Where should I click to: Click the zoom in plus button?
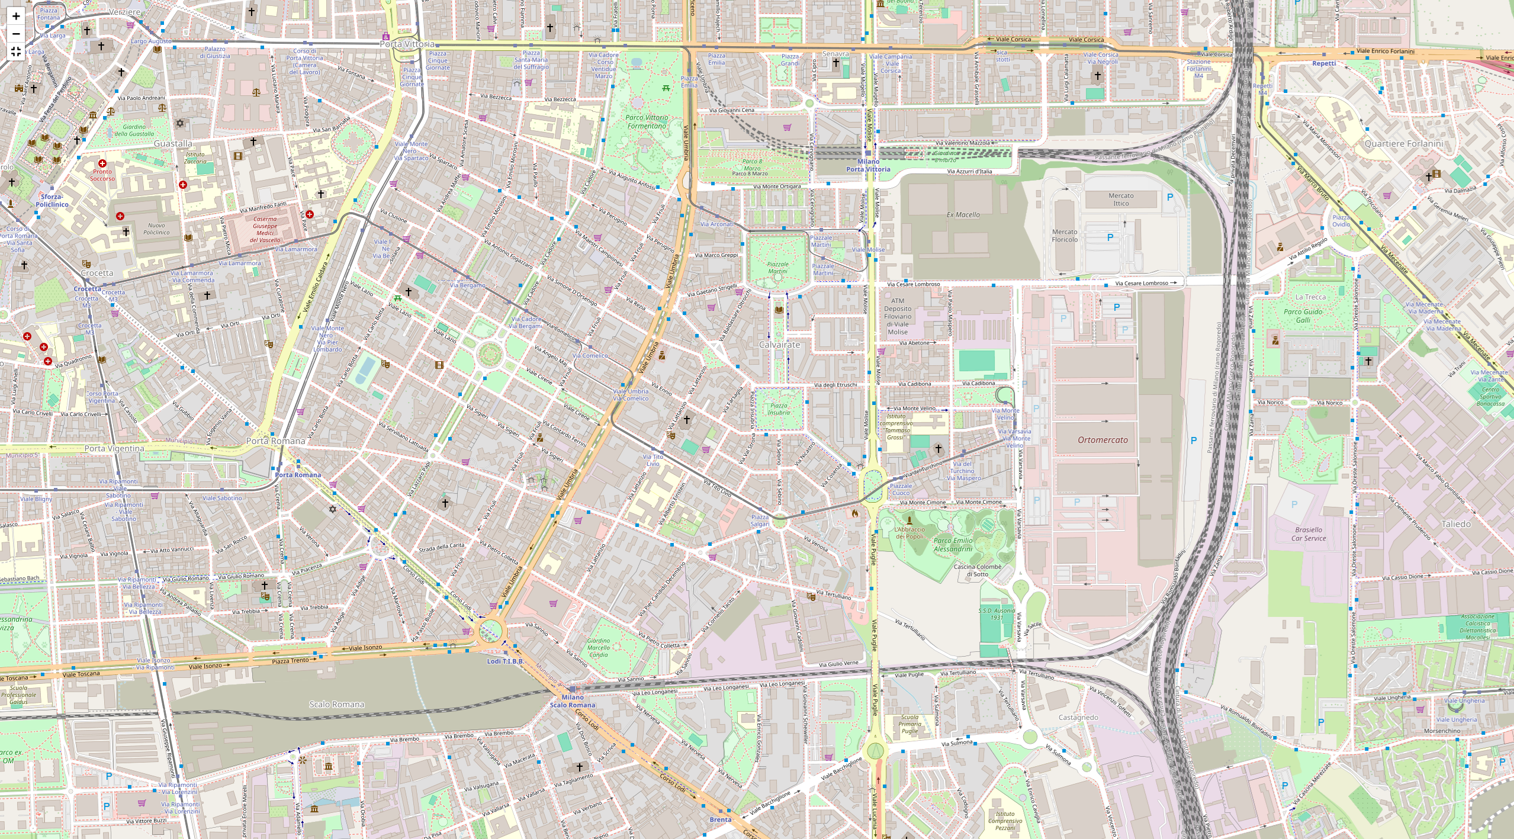click(x=16, y=16)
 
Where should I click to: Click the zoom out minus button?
click(x=16, y=34)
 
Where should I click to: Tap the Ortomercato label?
click(x=1102, y=440)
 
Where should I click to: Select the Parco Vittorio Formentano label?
click(x=647, y=122)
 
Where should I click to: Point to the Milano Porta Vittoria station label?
click(x=868, y=165)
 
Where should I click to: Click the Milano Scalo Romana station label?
click(x=572, y=701)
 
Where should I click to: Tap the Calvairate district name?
click(x=779, y=345)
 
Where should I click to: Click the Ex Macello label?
click(x=963, y=215)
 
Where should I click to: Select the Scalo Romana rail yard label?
click(x=336, y=704)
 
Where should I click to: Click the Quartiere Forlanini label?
click(x=1404, y=144)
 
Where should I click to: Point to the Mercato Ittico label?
click(x=1121, y=200)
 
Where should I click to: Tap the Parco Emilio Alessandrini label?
click(x=953, y=545)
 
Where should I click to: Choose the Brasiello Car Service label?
click(x=1309, y=534)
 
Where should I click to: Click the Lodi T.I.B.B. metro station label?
click(x=505, y=661)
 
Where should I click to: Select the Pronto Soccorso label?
click(x=102, y=175)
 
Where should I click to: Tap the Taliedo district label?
click(x=1456, y=524)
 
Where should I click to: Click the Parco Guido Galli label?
click(x=1303, y=316)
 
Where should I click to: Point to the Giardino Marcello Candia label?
click(x=598, y=647)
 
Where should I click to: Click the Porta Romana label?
click(x=275, y=441)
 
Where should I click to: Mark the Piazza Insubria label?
click(x=779, y=409)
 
